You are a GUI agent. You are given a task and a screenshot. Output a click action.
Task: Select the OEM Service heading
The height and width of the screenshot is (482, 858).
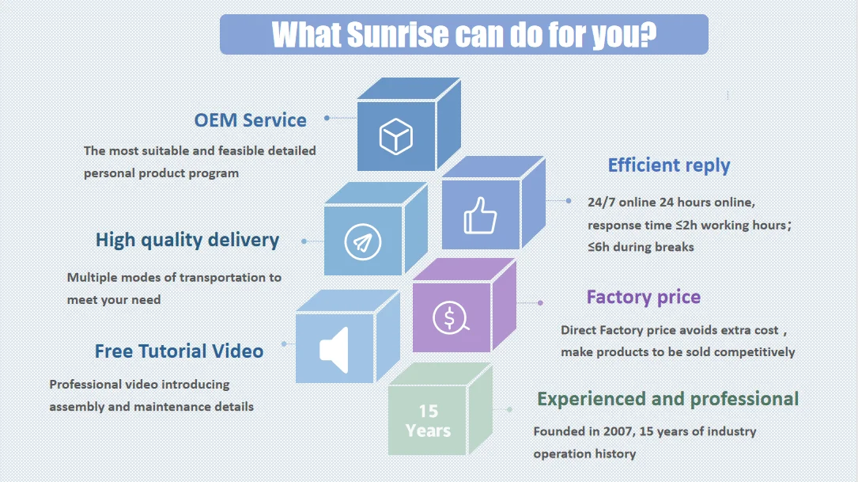(250, 120)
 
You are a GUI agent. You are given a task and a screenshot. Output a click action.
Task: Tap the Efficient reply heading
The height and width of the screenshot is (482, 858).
(668, 165)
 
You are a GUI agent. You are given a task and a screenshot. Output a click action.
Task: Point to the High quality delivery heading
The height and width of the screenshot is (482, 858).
(187, 240)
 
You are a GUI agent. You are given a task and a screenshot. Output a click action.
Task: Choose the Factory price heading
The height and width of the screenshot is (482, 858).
(643, 298)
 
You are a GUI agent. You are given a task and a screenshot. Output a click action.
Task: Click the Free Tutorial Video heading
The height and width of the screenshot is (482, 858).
(179, 351)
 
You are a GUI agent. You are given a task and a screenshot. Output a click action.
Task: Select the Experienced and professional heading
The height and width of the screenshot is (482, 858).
(667, 399)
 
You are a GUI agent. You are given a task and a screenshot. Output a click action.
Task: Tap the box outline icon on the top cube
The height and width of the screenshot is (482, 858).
(395, 136)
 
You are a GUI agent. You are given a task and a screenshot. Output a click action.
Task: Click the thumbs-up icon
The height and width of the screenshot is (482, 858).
(480, 215)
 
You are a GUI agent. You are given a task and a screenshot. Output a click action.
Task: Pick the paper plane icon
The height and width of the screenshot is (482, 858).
(362, 242)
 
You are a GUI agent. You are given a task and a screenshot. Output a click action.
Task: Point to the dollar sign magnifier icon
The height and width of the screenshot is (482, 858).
(451, 318)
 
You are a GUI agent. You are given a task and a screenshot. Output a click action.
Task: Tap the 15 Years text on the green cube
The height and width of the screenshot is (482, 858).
(428, 421)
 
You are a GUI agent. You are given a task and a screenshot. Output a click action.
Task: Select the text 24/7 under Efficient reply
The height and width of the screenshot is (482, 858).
(601, 202)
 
